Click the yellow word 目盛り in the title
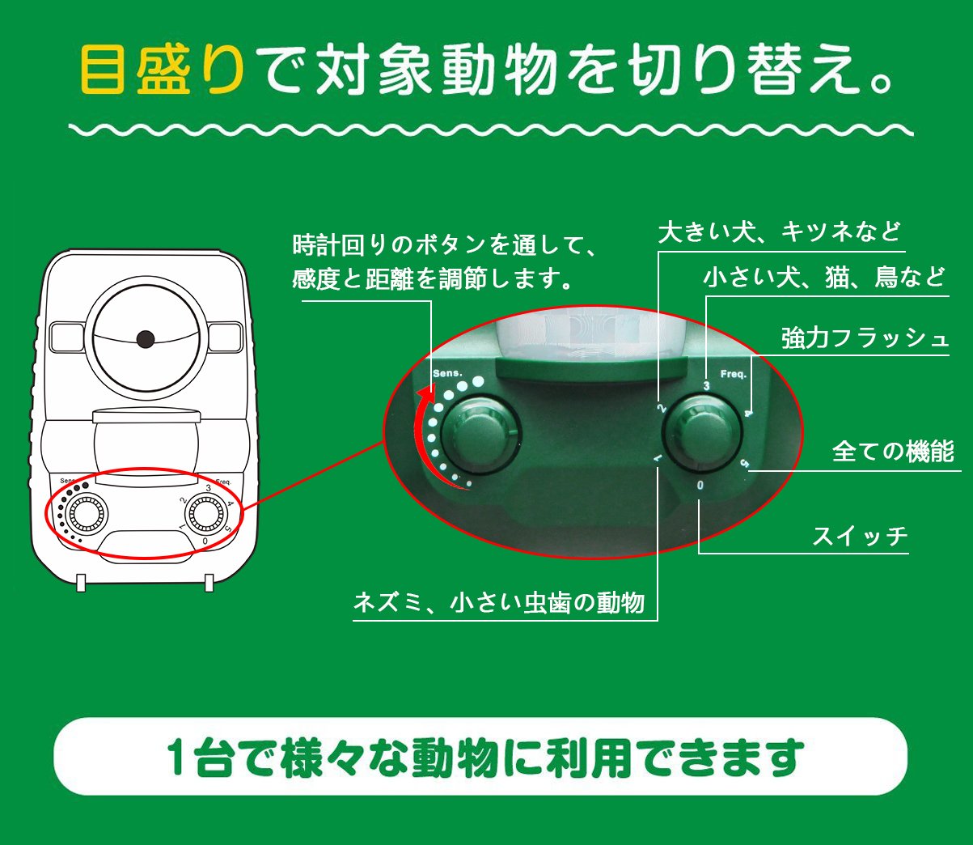click(x=162, y=70)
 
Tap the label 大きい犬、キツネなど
click(x=780, y=232)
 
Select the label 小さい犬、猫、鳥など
click(x=823, y=278)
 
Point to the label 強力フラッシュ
click(x=865, y=338)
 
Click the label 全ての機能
click(x=893, y=452)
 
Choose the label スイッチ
click(x=860, y=536)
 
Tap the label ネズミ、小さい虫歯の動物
click(x=499, y=603)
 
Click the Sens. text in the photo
click(x=447, y=373)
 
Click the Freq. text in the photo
click(x=734, y=374)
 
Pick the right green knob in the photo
click(x=702, y=434)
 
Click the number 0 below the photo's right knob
click(x=700, y=486)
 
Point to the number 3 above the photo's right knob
click(x=706, y=385)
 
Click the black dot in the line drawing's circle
click(x=146, y=339)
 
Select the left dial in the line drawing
click(x=86, y=513)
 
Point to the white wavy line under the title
click(x=491, y=130)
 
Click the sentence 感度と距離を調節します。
click(x=431, y=278)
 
